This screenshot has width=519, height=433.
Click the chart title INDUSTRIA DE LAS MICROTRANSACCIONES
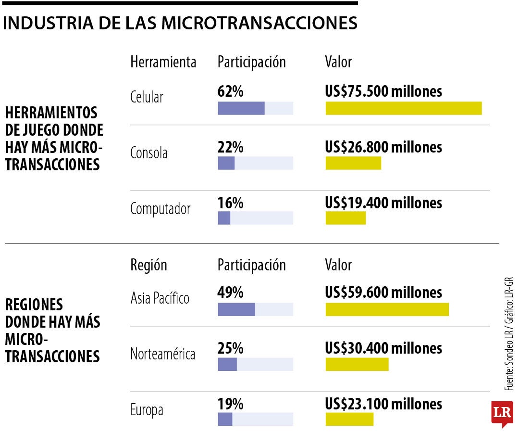pos(180,23)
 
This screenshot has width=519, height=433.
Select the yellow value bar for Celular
pos(403,108)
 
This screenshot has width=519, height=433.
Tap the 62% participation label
pos(230,91)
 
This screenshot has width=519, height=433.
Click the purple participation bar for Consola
pos(226,164)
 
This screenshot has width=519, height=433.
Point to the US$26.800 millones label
pos(383,147)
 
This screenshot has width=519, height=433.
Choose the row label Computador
pos(160,209)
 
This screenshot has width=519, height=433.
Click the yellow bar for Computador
pos(346,218)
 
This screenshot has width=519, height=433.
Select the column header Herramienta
pos(163,62)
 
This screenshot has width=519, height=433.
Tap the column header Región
pos(148,265)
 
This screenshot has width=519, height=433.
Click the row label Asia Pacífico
pos(160,298)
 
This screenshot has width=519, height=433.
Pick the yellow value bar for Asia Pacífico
pos(387,309)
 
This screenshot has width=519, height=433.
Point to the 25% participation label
pos(230,348)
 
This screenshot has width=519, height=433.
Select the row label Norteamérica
pos(162,355)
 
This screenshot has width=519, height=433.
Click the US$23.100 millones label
pos(383,404)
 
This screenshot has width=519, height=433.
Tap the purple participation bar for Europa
pos(225,420)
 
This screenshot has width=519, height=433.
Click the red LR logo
pos(502,413)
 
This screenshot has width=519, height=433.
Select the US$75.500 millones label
pos(383,91)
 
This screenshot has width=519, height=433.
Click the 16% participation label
pos(230,203)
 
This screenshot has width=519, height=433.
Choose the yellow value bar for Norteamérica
pos(357,365)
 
